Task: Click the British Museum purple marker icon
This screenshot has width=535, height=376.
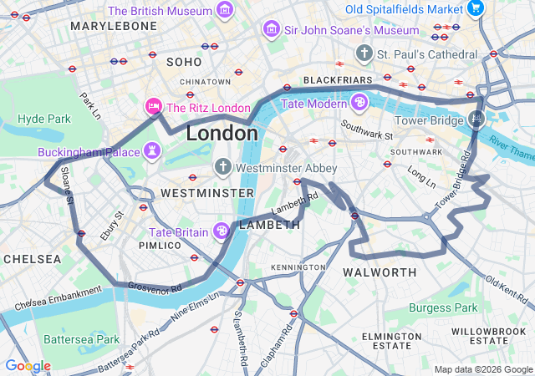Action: tap(224, 10)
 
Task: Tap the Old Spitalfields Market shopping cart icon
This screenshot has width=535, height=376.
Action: tap(476, 9)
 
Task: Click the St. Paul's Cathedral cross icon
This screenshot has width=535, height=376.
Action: tap(364, 54)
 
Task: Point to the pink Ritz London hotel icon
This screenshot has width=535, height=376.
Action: tap(153, 107)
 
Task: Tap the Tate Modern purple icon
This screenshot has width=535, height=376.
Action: tap(359, 103)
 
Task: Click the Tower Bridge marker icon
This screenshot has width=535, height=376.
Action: tap(476, 119)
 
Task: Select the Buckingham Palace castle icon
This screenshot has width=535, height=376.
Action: tap(152, 151)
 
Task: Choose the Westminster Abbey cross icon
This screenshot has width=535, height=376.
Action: tap(222, 166)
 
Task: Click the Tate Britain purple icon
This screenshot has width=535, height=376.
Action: tap(222, 231)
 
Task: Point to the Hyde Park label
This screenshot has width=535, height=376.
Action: tap(44, 119)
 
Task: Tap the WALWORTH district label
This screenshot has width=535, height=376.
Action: tap(380, 272)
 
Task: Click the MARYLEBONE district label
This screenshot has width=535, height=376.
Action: tap(114, 26)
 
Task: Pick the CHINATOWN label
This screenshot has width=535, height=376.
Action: tap(205, 81)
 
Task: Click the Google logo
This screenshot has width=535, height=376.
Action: tap(28, 366)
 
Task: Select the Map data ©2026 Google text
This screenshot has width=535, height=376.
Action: tap(482, 369)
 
